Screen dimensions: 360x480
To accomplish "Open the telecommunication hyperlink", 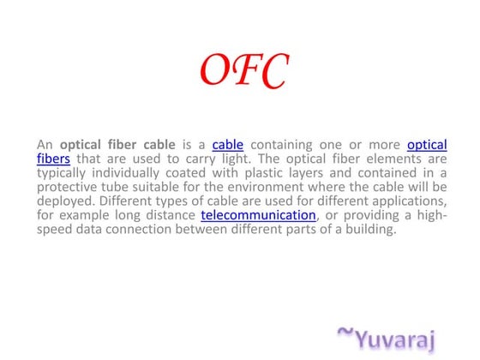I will click(258, 215).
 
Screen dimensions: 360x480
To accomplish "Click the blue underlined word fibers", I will click(53, 159).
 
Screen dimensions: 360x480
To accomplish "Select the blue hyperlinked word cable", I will click(227, 144).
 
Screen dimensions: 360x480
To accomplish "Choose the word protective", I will click(69, 187).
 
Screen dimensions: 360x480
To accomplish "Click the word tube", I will click(125, 187).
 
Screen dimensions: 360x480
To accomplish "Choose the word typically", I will click(64, 172).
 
